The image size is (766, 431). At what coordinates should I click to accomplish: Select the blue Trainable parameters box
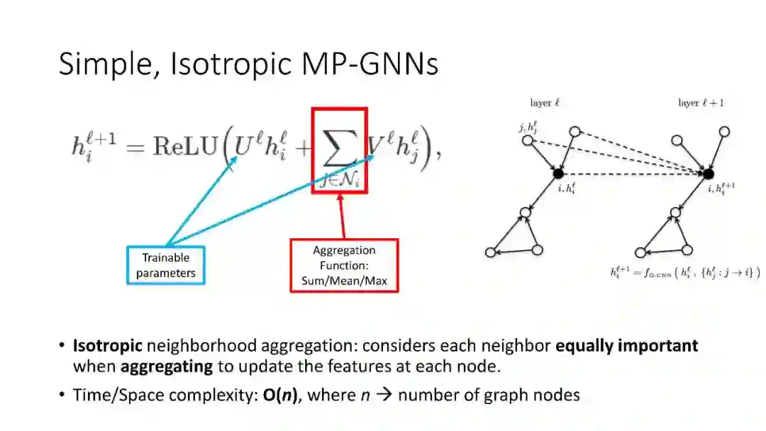pyautogui.click(x=165, y=265)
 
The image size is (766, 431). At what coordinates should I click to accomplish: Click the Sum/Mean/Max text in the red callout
pyautogui.click(x=344, y=280)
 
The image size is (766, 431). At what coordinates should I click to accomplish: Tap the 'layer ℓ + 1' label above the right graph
pyautogui.click(x=701, y=103)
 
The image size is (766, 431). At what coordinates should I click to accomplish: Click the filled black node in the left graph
pyautogui.click(x=558, y=174)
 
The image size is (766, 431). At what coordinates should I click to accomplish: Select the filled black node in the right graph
pyautogui.click(x=708, y=174)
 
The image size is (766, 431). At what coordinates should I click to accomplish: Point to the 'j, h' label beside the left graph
pyautogui.click(x=528, y=128)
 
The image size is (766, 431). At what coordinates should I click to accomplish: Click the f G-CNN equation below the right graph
pyautogui.click(x=684, y=272)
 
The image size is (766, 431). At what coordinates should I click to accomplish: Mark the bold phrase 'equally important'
pyautogui.click(x=626, y=346)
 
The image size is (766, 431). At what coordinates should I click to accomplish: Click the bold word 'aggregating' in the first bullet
pyautogui.click(x=167, y=366)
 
